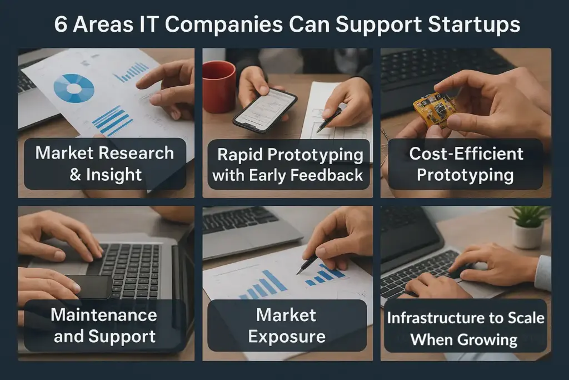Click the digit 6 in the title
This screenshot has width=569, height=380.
pyautogui.click(x=61, y=24)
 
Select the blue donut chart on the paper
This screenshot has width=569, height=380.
pyautogui.click(x=74, y=88)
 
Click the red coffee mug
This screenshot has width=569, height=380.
pyautogui.click(x=219, y=86)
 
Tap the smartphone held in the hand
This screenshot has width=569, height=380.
pyautogui.click(x=265, y=110)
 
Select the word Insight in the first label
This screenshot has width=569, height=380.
pyautogui.click(x=113, y=175)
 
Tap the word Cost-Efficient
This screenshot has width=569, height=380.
pyautogui.click(x=466, y=154)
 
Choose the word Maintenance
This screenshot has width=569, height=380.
pyautogui.click(x=104, y=314)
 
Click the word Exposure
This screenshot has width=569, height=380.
pyautogui.click(x=287, y=337)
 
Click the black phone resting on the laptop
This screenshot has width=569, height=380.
pyautogui.click(x=90, y=287)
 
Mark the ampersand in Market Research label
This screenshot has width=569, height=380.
pyautogui.click(x=75, y=175)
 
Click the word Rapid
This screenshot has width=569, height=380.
pyautogui.click(x=240, y=155)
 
